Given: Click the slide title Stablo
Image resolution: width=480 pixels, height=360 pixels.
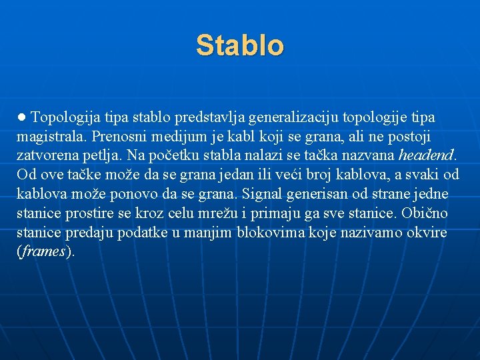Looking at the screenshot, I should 240,45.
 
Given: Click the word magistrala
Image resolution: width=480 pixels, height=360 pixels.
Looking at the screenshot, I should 52,137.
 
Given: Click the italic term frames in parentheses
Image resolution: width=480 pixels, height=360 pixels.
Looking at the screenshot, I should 44,253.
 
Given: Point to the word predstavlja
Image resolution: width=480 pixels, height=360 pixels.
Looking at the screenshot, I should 209,118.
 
